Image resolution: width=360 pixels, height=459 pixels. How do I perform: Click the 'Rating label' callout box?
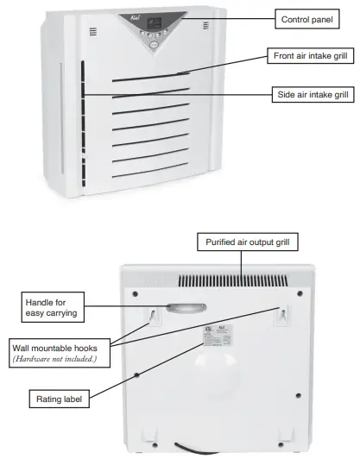pyautogui.click(x=59, y=399)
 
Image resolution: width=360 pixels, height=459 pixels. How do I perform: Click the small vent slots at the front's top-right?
pyautogui.click(x=205, y=27)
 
